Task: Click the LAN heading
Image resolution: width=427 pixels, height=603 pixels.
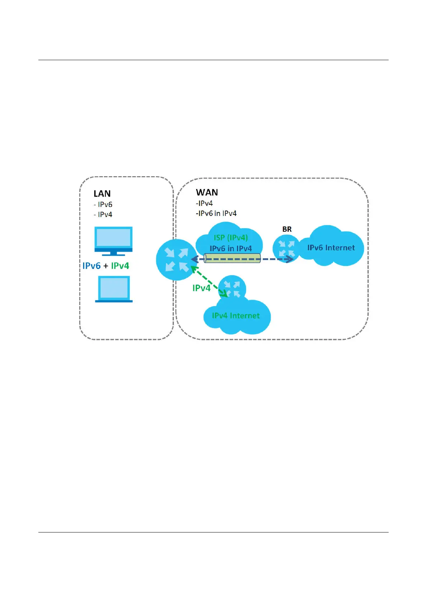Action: coord(102,194)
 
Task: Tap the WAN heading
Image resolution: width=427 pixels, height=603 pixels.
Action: coord(207,193)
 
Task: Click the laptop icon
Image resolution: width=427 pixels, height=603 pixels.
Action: coord(114,289)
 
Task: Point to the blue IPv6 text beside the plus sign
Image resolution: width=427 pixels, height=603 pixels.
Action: coord(91,266)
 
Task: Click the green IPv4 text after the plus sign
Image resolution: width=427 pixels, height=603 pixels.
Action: coord(120,266)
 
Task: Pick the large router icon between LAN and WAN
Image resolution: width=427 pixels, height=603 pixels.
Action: coord(176,260)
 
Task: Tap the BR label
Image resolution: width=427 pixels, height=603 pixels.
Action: coord(287,229)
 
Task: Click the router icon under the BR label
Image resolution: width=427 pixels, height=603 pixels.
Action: coord(286,249)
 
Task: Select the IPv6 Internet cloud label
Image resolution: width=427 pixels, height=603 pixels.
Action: coord(331,248)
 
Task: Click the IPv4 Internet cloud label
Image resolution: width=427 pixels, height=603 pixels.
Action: coord(236,315)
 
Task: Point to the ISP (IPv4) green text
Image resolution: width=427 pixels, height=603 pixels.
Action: coord(231,238)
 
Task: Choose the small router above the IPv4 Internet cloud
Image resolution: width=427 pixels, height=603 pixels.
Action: coord(232,289)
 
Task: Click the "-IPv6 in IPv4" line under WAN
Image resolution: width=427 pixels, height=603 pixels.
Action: coord(216,213)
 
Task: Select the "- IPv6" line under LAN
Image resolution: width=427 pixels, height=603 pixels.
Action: coord(103,204)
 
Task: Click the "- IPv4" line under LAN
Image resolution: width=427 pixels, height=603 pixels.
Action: coord(103,214)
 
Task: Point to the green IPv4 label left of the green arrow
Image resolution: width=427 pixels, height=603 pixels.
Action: coord(201,288)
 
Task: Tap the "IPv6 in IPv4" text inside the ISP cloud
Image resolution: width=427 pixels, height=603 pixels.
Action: coord(231,248)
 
